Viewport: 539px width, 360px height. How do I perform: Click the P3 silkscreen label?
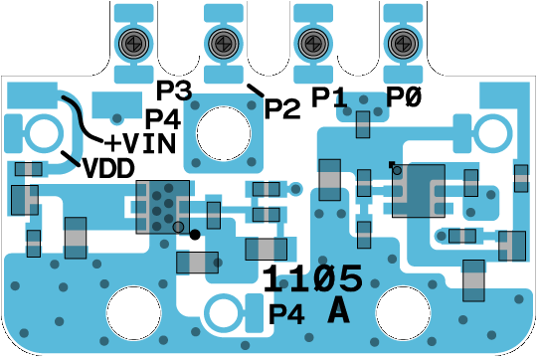[x=174, y=90]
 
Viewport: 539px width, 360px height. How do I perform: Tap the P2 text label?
[x=282, y=108]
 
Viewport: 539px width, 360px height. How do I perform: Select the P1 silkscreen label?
[x=329, y=97]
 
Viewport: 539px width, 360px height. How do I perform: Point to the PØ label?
[x=404, y=97]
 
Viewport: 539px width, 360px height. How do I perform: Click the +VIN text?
[x=140, y=143]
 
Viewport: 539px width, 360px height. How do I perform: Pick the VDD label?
[x=108, y=168]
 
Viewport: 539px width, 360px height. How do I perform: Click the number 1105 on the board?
[x=312, y=278]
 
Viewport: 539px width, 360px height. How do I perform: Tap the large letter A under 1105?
[x=338, y=312]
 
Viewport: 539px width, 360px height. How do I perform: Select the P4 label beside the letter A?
[x=286, y=314]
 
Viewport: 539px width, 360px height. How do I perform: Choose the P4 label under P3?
[x=163, y=119]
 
